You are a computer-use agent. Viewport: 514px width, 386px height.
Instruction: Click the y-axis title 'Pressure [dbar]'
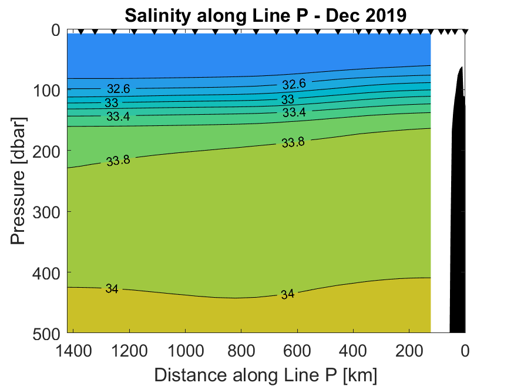click(x=19, y=182)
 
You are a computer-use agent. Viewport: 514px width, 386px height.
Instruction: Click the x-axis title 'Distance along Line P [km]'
click(x=266, y=374)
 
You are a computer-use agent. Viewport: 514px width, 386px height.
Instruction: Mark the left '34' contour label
click(x=112, y=288)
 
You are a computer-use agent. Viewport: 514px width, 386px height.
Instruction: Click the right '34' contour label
click(x=287, y=294)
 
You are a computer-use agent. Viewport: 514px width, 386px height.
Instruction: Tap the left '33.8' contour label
click(x=118, y=161)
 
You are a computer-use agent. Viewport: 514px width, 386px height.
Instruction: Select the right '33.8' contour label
click(x=293, y=142)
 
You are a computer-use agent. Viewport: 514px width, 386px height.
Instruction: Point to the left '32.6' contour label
click(x=118, y=89)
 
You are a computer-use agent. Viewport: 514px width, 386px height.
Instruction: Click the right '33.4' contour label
click(x=294, y=112)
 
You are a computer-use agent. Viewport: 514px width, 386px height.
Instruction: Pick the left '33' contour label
click(x=111, y=102)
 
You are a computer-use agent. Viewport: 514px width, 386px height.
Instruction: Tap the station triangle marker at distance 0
click(x=465, y=32)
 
